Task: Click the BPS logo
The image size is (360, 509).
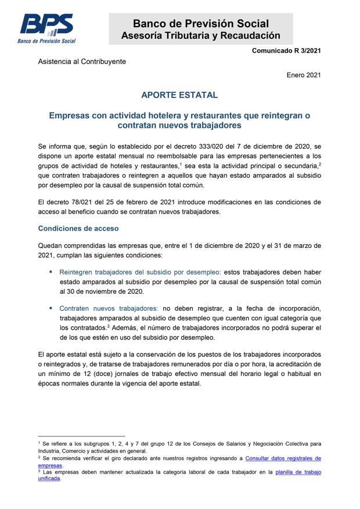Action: (x=47, y=28)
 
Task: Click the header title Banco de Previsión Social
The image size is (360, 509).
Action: (x=200, y=24)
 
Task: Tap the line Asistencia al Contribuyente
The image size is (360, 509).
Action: (x=82, y=62)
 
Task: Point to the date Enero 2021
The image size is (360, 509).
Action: (x=304, y=75)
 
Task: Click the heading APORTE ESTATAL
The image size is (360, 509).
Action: (x=179, y=95)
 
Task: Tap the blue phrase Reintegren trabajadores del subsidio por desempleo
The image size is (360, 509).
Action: (x=140, y=271)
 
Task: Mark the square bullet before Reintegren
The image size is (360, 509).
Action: (x=51, y=271)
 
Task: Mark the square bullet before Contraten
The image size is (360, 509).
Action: (x=51, y=307)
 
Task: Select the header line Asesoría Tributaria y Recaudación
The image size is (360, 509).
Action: (x=200, y=36)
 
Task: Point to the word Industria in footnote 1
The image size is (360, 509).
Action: (x=49, y=451)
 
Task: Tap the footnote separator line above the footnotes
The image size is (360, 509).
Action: (x=81, y=436)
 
